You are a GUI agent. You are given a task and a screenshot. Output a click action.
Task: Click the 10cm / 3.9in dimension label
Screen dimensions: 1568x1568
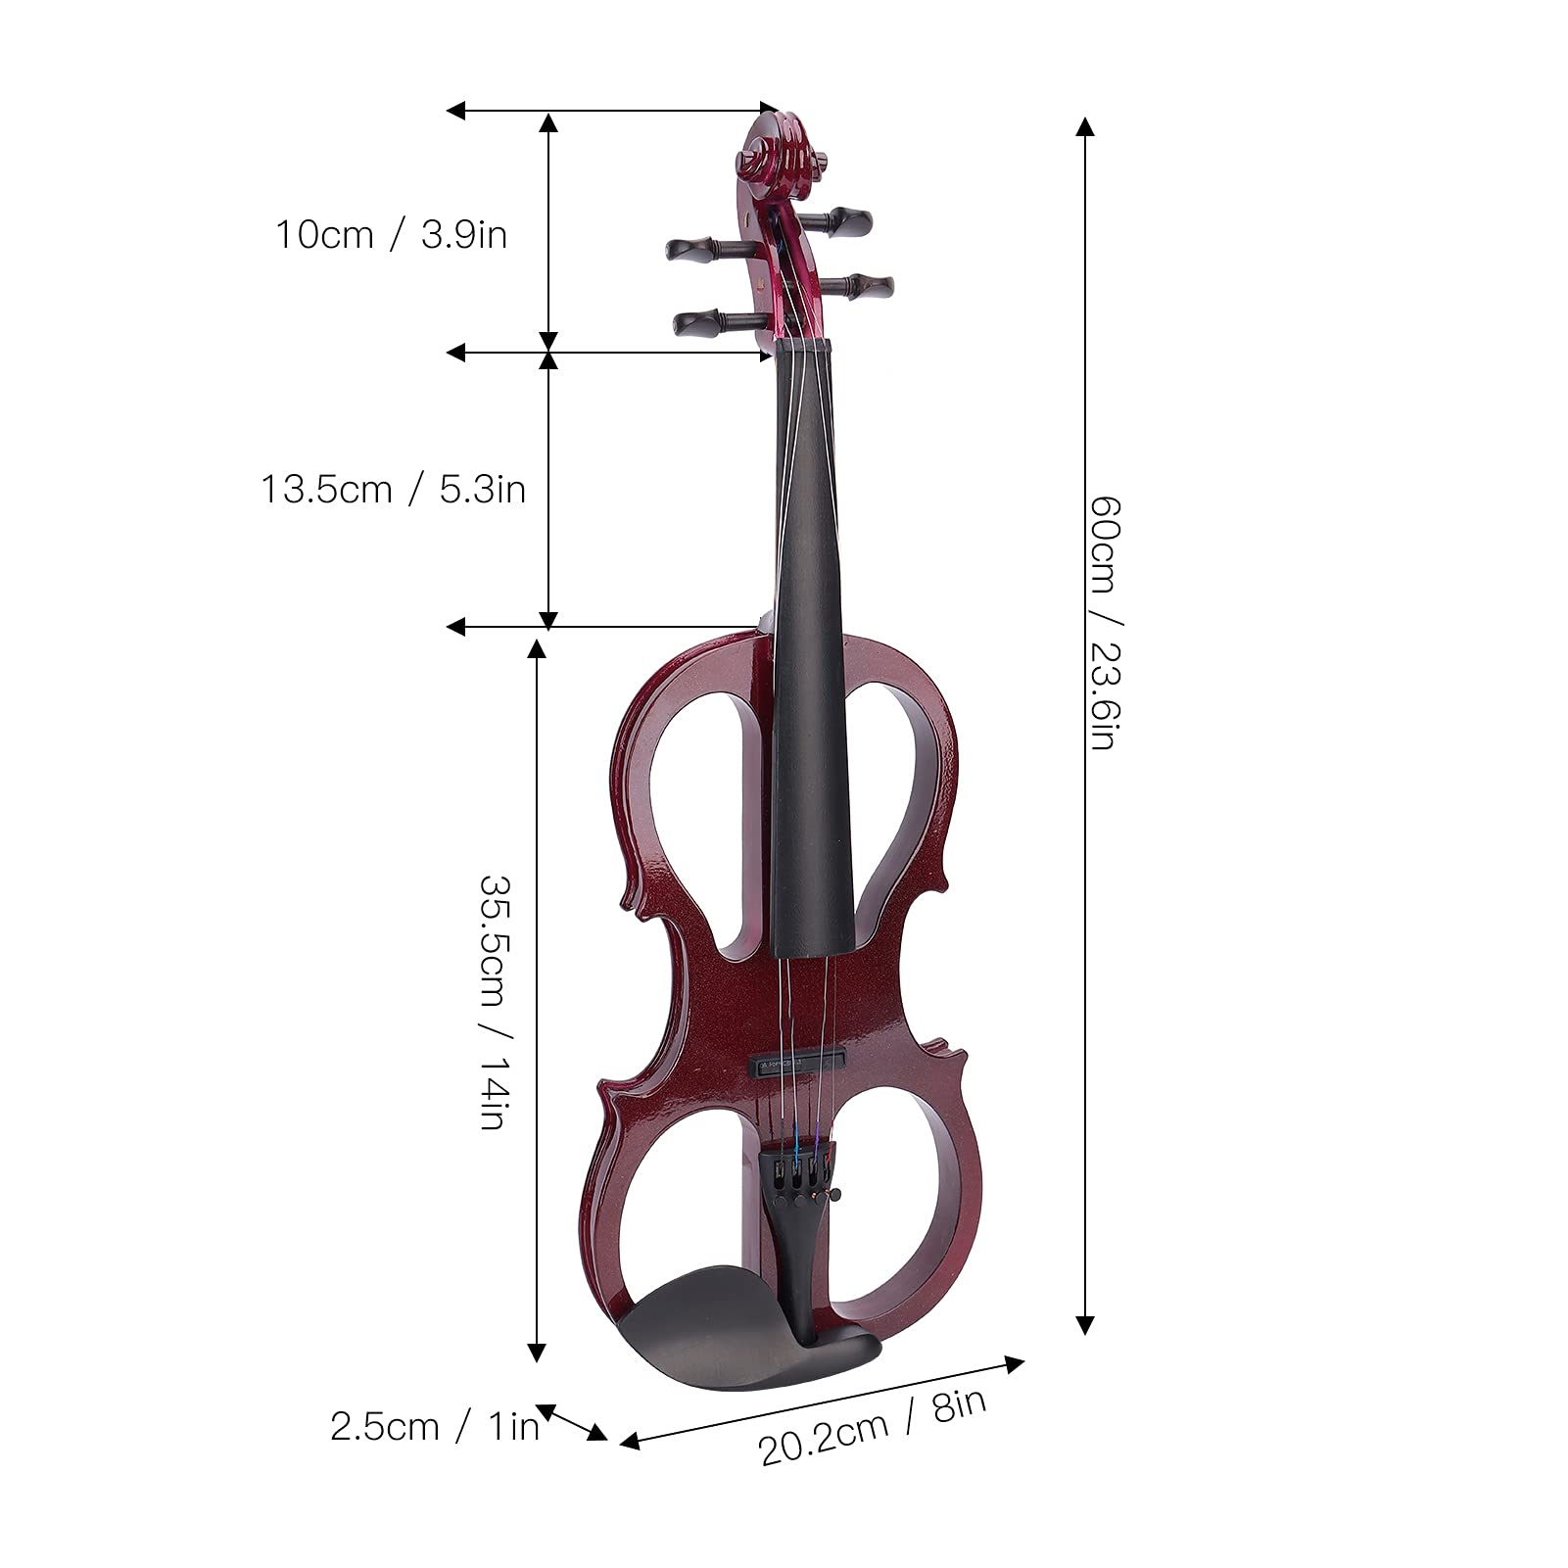[391, 235]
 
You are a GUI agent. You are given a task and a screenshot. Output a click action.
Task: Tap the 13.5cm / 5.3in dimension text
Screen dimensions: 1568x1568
[393, 489]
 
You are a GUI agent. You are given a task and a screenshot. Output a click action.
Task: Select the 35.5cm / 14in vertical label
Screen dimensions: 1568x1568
[492, 1002]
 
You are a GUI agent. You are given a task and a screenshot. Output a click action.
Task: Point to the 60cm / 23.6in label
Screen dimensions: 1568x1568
[1102, 623]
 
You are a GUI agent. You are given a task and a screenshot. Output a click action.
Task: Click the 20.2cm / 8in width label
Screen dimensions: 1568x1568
[873, 1426]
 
